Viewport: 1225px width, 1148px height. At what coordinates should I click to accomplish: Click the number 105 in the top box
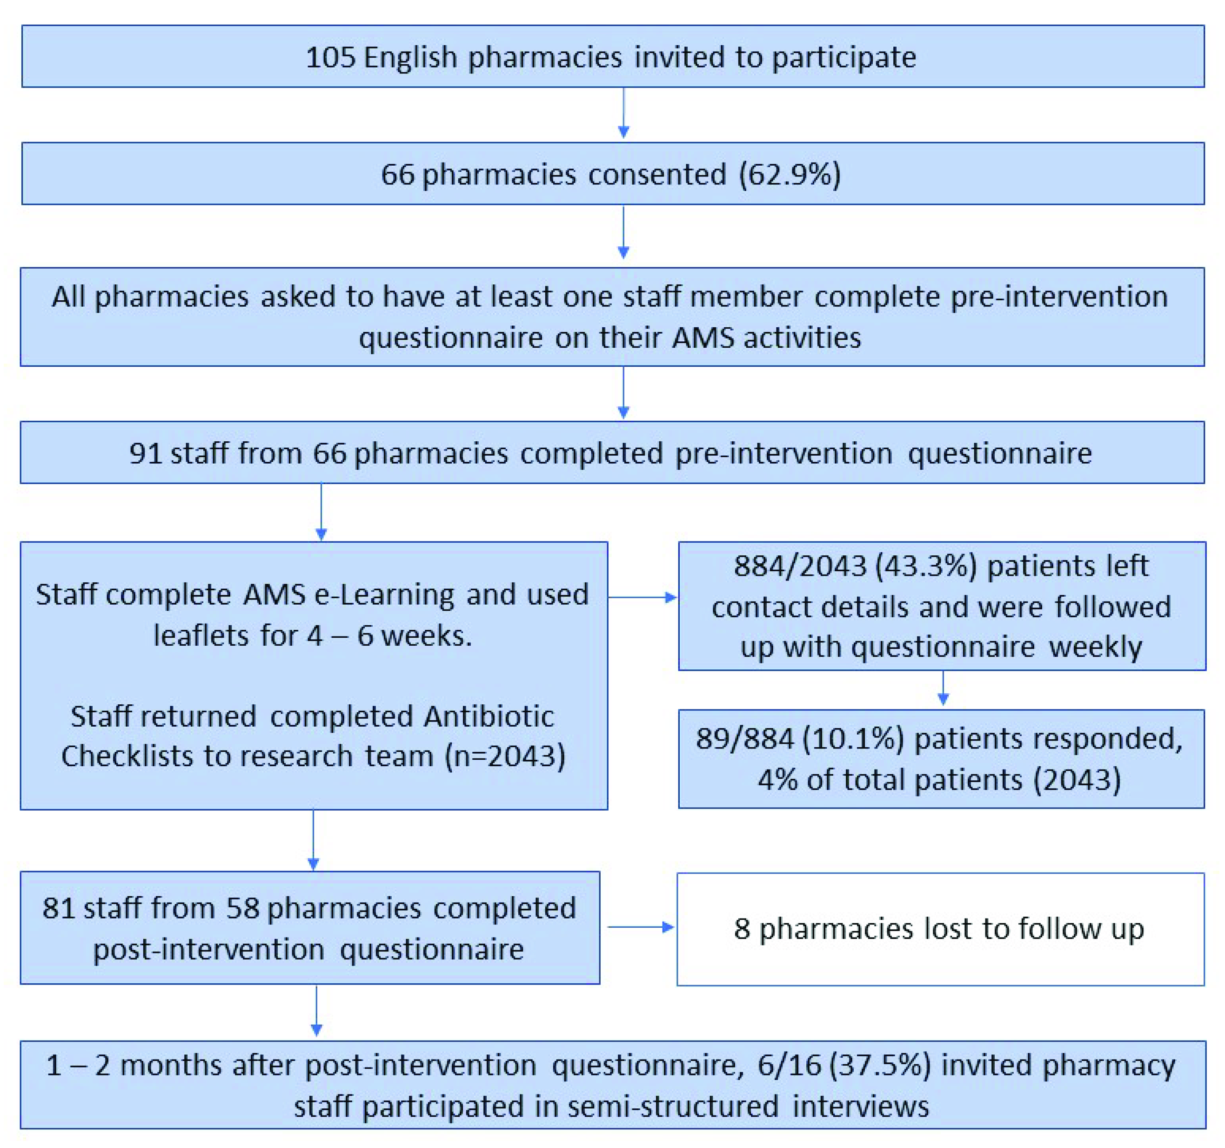click(330, 57)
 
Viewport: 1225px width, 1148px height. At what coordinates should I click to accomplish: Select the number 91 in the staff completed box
click(146, 453)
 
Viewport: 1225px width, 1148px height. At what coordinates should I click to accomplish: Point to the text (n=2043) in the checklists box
click(505, 756)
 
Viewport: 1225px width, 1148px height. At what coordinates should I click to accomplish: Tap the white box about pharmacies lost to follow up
click(940, 929)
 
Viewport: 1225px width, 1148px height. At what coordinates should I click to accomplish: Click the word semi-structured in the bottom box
click(673, 1106)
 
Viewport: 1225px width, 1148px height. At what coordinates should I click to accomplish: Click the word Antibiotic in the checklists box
click(489, 716)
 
